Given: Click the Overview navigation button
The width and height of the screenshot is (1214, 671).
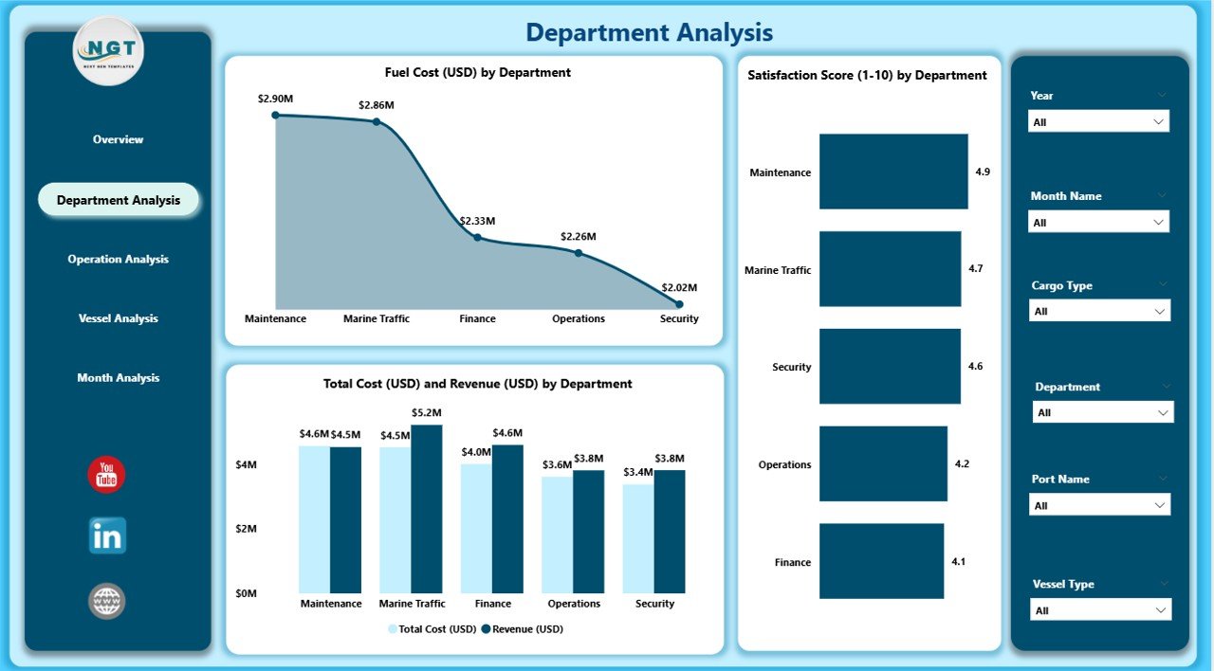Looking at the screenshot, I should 118,139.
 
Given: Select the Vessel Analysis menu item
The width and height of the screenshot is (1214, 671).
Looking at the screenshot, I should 118,318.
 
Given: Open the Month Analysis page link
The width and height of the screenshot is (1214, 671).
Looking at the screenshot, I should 118,378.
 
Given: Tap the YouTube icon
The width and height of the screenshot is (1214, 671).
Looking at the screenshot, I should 106,475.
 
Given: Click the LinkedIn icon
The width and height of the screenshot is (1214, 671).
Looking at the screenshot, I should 106,536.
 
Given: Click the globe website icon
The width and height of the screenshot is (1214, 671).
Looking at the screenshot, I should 106,601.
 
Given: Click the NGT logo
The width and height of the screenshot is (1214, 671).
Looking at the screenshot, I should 108,51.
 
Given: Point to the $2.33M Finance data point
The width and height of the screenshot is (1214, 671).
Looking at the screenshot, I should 477,238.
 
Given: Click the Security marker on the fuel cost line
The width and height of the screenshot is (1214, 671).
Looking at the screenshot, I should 679,304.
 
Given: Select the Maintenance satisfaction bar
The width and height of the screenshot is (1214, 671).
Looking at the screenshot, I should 892,172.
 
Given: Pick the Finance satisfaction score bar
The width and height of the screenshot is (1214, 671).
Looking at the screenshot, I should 881,561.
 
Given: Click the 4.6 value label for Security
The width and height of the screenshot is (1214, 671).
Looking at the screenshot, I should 975,366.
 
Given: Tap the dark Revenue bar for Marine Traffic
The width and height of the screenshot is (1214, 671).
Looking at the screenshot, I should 427,509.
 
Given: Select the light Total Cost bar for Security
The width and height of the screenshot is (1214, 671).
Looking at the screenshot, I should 638,538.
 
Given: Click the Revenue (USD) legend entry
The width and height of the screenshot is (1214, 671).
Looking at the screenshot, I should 522,629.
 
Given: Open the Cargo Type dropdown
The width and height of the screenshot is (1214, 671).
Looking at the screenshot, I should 1099,311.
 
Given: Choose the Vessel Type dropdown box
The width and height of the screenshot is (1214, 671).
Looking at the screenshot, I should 1100,610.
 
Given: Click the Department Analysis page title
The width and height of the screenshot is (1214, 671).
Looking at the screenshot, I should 649,33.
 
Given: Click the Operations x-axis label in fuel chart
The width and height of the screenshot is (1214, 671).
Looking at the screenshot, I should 579,319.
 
